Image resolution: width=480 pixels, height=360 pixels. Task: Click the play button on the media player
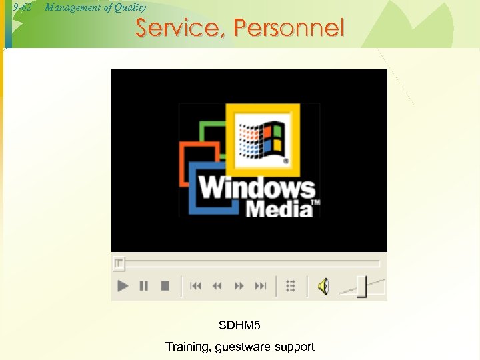(x=123, y=286)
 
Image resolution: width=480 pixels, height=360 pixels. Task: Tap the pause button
(x=143, y=286)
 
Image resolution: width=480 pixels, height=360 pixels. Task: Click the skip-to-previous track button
(x=195, y=286)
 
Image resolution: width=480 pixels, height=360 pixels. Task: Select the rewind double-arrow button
(x=217, y=286)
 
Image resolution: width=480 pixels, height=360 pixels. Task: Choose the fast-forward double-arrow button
(x=239, y=286)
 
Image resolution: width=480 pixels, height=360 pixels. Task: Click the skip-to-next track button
(x=261, y=286)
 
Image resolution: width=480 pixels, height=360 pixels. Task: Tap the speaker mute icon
(x=323, y=287)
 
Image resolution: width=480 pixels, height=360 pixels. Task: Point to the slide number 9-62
(x=23, y=8)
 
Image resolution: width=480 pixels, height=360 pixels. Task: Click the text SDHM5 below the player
(x=240, y=325)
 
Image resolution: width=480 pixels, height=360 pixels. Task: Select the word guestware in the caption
(x=248, y=346)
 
